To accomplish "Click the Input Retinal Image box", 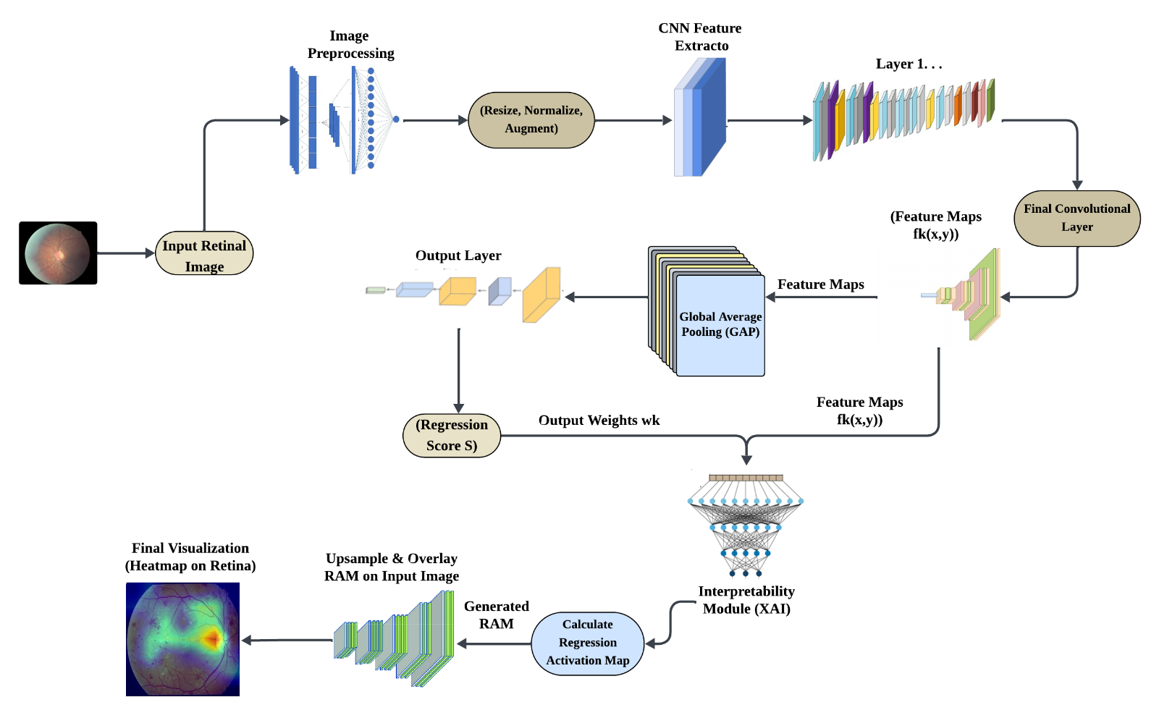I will [x=204, y=255].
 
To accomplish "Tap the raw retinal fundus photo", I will [x=58, y=253].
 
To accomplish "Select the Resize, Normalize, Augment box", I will [x=531, y=119].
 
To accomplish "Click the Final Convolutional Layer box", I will [x=1076, y=218].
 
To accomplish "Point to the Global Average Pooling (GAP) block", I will [x=720, y=324].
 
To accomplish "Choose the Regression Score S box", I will [x=452, y=435].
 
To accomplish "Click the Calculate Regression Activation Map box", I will [x=587, y=643].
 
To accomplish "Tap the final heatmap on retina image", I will [x=182, y=639].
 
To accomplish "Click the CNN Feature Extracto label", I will [x=700, y=37].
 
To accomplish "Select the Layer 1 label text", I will [x=909, y=64].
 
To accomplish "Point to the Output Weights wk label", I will [x=599, y=421].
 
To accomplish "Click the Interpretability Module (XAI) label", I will [x=746, y=600].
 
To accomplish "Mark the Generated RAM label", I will [x=497, y=614].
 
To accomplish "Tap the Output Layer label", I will [x=458, y=255].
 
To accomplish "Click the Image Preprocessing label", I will [x=350, y=44].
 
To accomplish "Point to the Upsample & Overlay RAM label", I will [x=392, y=567].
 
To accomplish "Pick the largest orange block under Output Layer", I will [x=541, y=295].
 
